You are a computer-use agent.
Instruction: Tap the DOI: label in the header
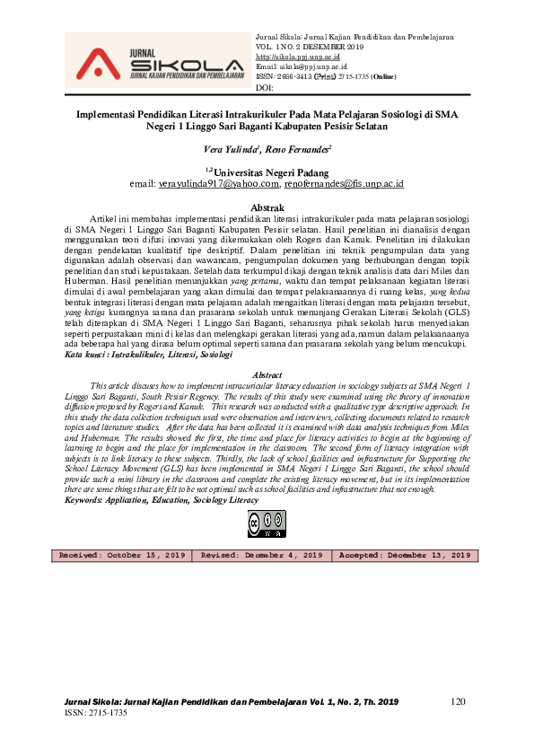[x=265, y=87]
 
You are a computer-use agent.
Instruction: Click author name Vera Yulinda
[x=232, y=148]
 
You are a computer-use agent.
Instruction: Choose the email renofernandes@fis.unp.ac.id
[x=345, y=183]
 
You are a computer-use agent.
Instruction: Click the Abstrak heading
[x=266, y=207]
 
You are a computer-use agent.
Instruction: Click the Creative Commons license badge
[x=266, y=523]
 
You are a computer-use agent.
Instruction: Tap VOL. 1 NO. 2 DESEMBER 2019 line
[x=310, y=46]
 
